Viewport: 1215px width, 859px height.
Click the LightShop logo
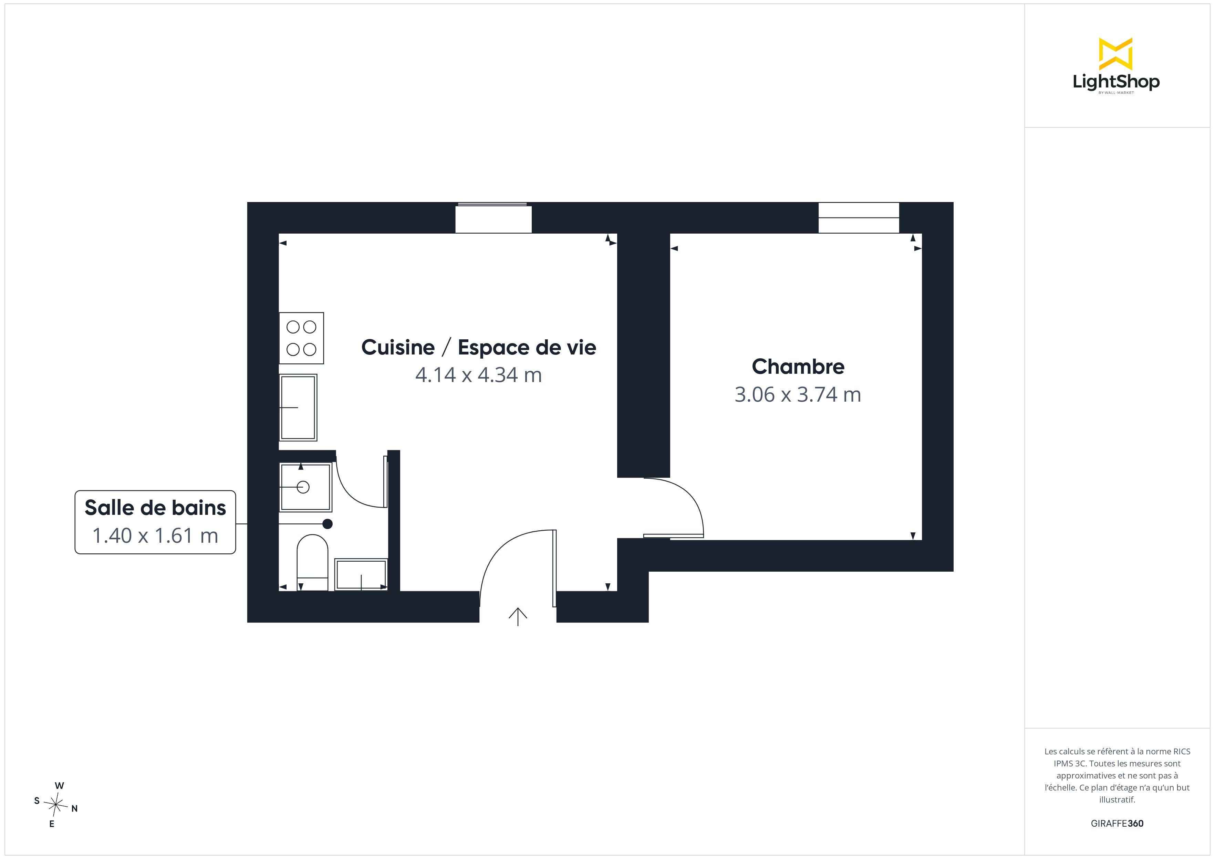(x=1116, y=66)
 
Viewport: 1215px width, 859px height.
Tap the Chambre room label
(x=798, y=367)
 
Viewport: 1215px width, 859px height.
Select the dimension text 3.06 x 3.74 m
(x=798, y=395)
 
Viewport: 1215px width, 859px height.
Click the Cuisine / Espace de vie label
(x=478, y=348)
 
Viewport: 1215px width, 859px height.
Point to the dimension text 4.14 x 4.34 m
(x=478, y=375)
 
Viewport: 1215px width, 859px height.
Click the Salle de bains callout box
(x=155, y=522)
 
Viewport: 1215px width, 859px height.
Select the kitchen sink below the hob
(x=298, y=407)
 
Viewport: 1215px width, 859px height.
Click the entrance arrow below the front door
(x=518, y=617)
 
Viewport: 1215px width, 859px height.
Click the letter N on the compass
(x=75, y=808)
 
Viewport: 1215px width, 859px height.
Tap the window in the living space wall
(x=493, y=218)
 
